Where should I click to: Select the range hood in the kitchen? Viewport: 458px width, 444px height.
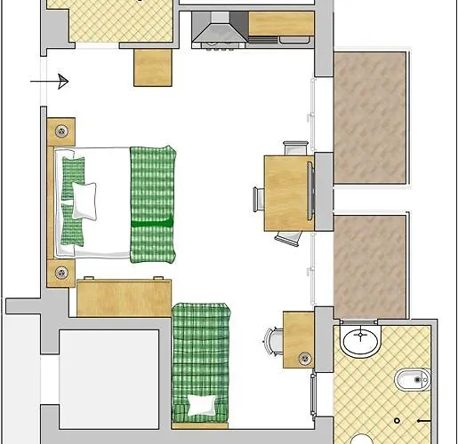tap(216, 34)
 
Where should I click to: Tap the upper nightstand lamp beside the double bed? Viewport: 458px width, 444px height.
tap(60, 131)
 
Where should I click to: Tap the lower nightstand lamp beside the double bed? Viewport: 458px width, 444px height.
tap(60, 273)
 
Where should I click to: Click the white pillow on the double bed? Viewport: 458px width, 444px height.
tap(85, 200)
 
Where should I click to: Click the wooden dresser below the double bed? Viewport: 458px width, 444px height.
tap(124, 297)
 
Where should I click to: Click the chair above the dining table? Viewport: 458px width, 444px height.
tap(294, 147)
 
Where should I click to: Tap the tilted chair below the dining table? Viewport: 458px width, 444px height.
tap(290, 237)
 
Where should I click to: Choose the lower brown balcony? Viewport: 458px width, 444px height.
tap(370, 267)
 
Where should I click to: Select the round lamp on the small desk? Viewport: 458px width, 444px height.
tap(305, 358)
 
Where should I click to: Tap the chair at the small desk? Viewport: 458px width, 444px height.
tap(273, 340)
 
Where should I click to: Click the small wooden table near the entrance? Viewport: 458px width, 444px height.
tap(152, 67)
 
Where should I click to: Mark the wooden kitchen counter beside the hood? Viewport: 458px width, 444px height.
tap(280, 24)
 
